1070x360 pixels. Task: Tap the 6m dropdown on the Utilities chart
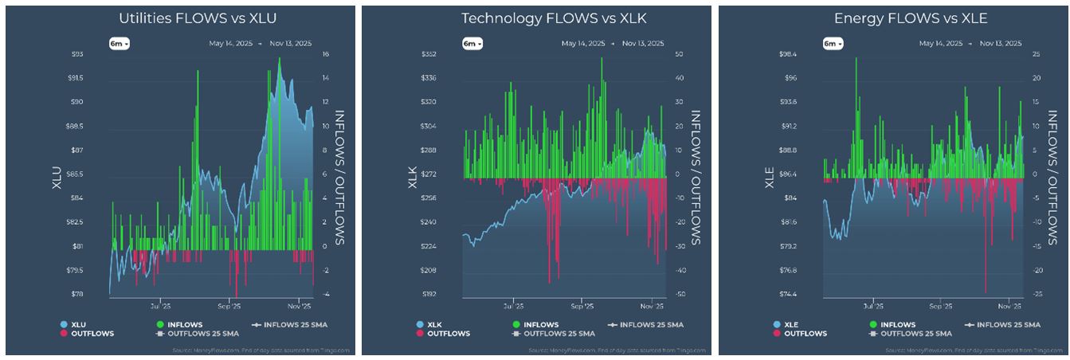(x=120, y=44)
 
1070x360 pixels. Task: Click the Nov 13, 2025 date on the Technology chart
(x=644, y=44)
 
